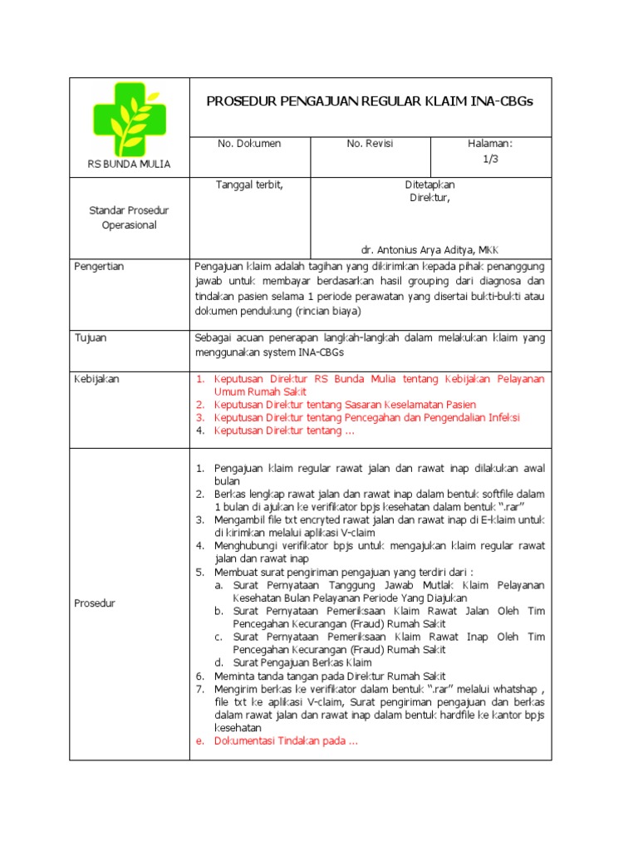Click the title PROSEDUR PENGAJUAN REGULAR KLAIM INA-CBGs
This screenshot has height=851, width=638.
coord(369,101)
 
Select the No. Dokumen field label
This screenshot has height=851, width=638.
coord(249,144)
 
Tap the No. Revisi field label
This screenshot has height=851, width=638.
coord(370,144)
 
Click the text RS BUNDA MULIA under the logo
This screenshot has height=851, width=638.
coord(129,165)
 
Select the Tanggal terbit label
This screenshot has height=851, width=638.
coord(249,184)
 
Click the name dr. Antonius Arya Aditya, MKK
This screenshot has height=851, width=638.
coord(429,250)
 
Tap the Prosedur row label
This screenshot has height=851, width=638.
coord(96,603)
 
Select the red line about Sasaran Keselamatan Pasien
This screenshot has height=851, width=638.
coord(345,405)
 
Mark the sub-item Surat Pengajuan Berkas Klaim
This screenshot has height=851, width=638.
coord(302,662)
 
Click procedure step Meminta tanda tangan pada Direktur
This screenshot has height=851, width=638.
coord(330,676)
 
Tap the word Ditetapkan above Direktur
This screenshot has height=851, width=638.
coord(429,184)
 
